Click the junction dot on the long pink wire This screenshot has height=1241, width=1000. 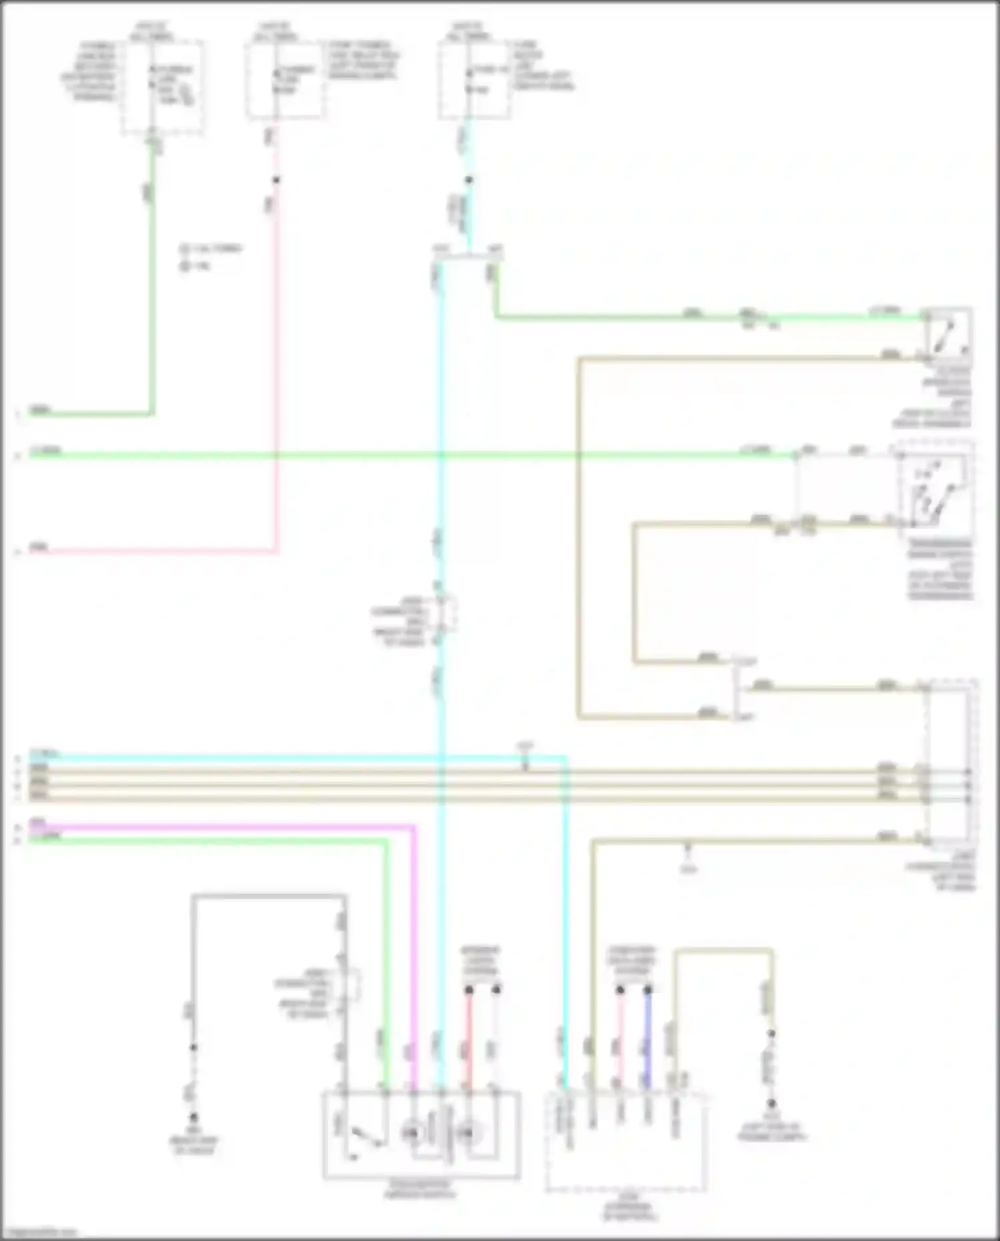click(275, 180)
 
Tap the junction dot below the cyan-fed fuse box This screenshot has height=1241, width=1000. click(469, 180)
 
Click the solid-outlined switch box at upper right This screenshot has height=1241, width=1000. click(947, 333)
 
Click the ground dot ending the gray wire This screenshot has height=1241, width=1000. click(194, 1116)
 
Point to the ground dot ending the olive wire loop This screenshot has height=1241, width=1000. click(771, 1104)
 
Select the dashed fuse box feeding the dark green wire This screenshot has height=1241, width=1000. click(162, 87)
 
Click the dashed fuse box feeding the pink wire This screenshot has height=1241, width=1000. click(287, 80)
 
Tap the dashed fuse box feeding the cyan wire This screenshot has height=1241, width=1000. click(475, 80)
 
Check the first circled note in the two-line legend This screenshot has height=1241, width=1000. click(184, 249)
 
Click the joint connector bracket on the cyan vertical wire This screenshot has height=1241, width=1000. click(447, 614)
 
